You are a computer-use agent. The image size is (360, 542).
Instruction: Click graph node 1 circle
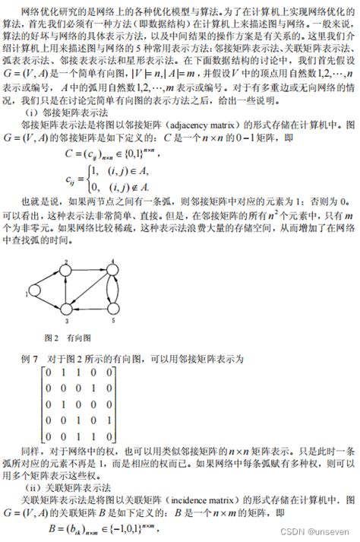33,290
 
